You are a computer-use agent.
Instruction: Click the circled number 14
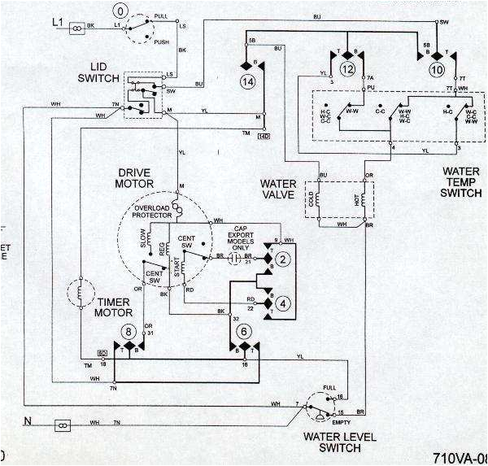pyautogui.click(x=247, y=81)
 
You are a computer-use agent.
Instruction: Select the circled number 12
pyautogui.click(x=347, y=71)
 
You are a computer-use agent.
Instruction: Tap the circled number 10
pyautogui.click(x=435, y=71)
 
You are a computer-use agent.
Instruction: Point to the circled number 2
pyautogui.click(x=282, y=260)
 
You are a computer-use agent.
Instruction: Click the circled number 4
pyautogui.click(x=282, y=303)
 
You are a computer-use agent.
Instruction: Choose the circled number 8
pyautogui.click(x=129, y=331)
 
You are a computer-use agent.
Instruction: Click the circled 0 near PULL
pyautogui.click(x=121, y=12)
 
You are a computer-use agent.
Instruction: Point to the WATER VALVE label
pyautogui.click(x=278, y=189)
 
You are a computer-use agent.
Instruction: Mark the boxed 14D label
pyautogui.click(x=264, y=135)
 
